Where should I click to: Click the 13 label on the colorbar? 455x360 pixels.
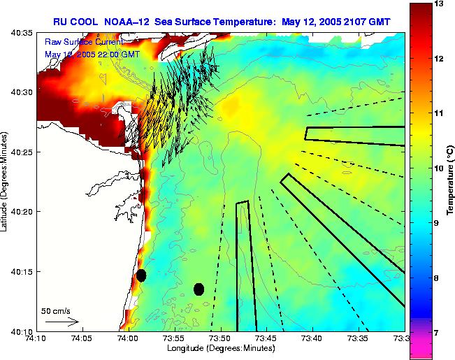coord(439,4)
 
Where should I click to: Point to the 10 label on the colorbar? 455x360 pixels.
coord(439,168)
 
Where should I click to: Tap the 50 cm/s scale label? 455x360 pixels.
coord(55,310)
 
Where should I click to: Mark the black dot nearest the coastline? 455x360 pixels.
coord(141,275)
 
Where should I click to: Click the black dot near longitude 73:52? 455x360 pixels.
coord(199,289)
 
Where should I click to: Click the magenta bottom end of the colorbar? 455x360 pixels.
coord(421,350)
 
